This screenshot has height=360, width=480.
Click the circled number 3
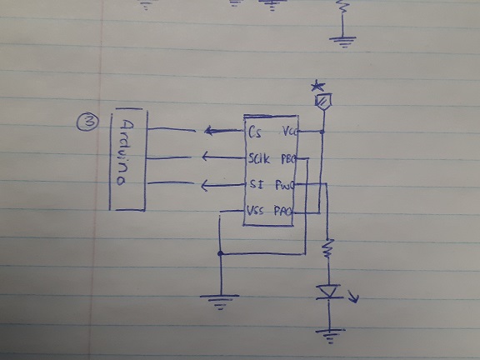point(85,122)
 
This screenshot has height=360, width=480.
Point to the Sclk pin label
point(257,158)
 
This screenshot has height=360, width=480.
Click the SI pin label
point(255,185)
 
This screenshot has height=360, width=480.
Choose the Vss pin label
point(256,212)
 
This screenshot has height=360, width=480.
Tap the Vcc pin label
point(290,132)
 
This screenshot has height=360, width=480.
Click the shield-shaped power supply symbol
point(321,101)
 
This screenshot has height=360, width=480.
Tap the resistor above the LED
point(329,248)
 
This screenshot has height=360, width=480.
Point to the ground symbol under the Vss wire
point(219,301)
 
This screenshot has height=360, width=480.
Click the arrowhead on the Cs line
point(207,131)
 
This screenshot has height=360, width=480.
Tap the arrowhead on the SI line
point(204,185)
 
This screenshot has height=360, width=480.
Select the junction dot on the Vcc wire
point(322,132)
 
